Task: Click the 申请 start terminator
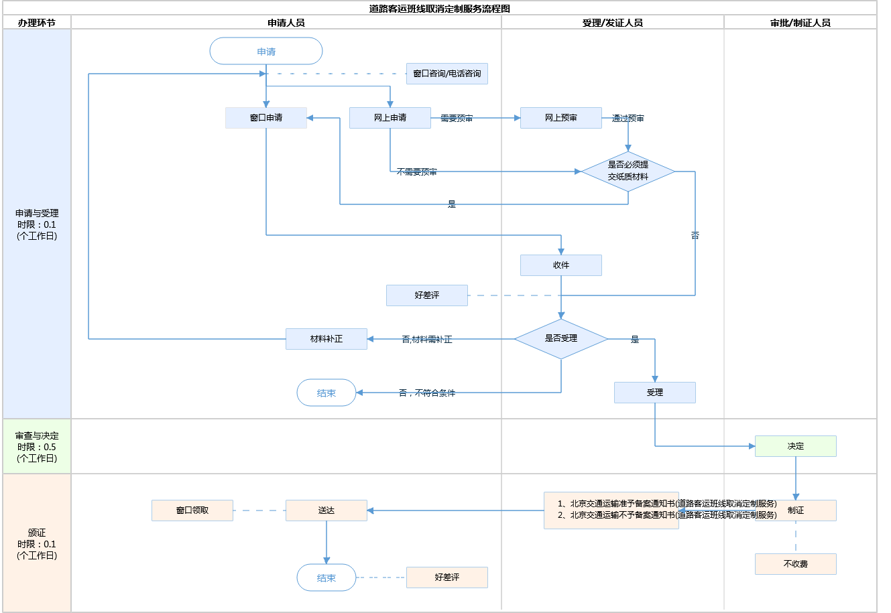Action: (x=266, y=52)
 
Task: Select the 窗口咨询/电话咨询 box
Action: (x=447, y=74)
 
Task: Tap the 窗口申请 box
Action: (x=266, y=118)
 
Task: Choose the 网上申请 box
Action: (x=390, y=118)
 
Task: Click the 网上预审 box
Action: (x=561, y=118)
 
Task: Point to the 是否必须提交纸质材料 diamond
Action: (x=628, y=172)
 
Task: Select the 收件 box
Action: (x=561, y=265)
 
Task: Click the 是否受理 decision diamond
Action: (x=561, y=339)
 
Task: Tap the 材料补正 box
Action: (x=326, y=339)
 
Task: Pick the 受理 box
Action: (x=655, y=393)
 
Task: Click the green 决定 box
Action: (x=796, y=446)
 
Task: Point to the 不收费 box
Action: (x=796, y=564)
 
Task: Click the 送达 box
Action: (x=326, y=510)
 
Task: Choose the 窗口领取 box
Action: (x=192, y=510)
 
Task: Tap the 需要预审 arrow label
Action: (x=457, y=119)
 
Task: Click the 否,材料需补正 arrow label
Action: (x=427, y=340)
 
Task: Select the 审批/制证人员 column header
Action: (x=800, y=23)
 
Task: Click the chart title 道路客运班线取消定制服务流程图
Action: (x=440, y=9)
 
